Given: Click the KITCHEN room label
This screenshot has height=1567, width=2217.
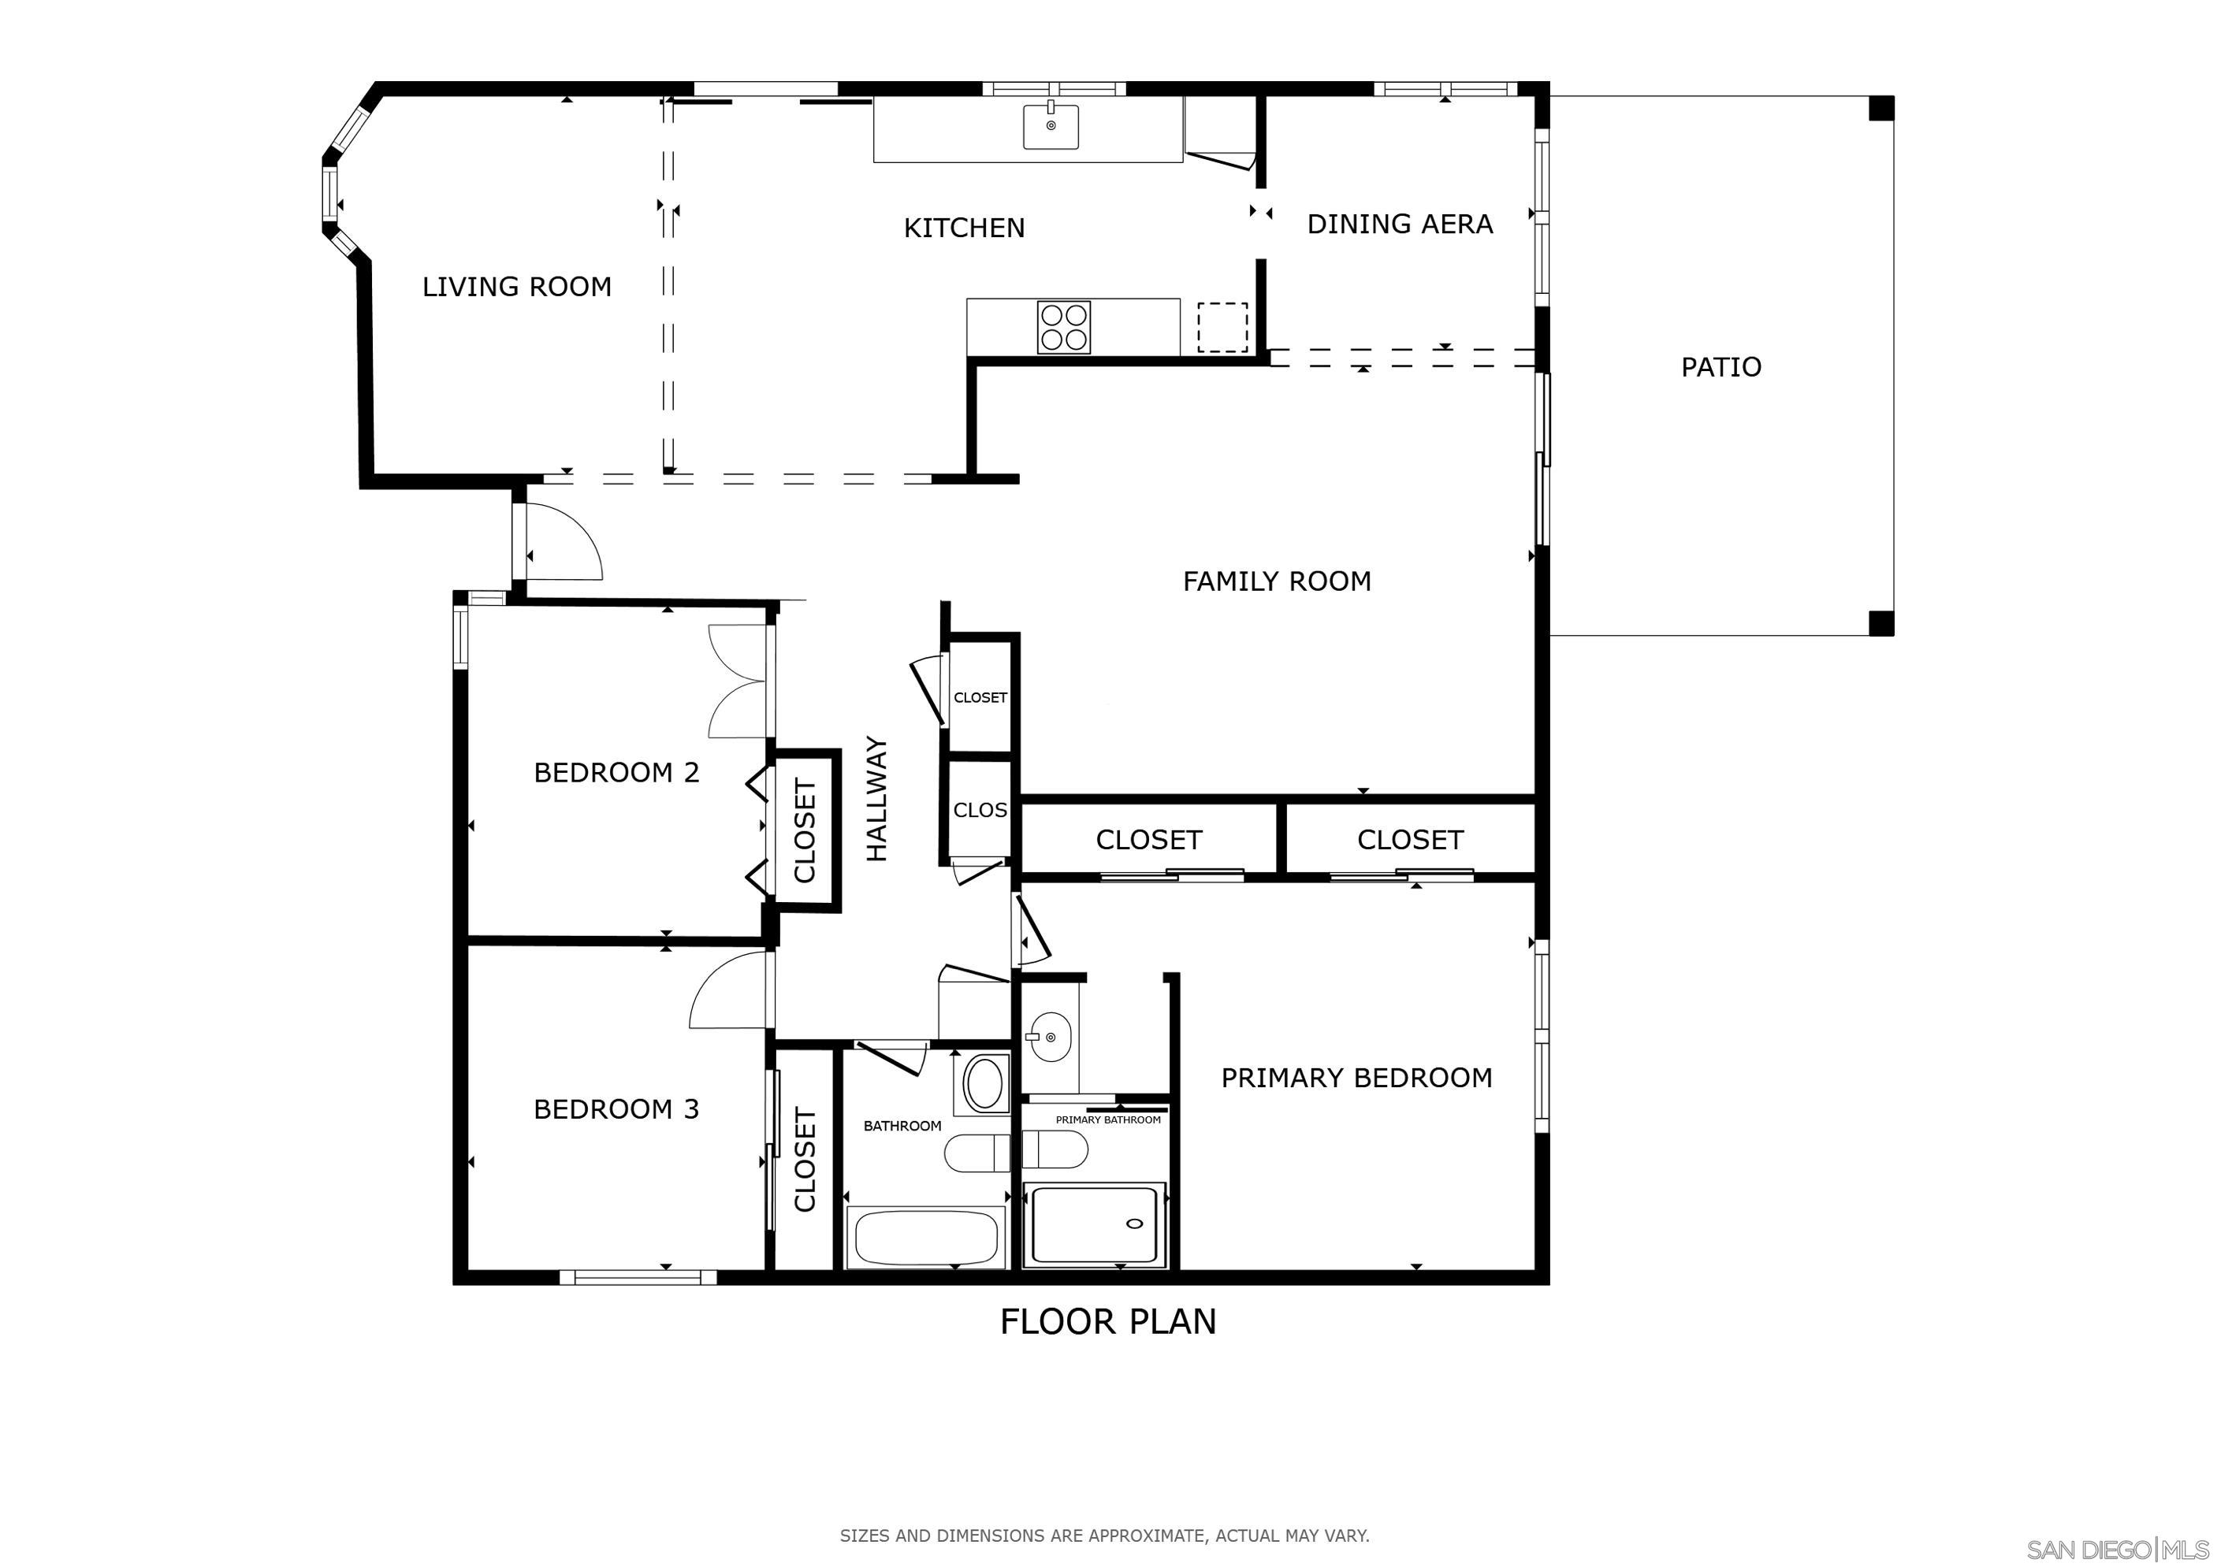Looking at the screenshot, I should pos(964,228).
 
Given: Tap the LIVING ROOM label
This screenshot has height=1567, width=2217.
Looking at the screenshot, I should pos(516,287).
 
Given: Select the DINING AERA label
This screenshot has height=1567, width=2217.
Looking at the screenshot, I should pos(1399,224).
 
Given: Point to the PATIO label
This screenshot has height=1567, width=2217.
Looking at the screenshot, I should pos(1720,367).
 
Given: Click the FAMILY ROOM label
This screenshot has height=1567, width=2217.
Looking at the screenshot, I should pos(1277,581).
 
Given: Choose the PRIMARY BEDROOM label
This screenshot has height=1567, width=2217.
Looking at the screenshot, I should pos(1356,1078).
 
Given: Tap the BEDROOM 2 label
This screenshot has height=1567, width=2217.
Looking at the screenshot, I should pos(616,772).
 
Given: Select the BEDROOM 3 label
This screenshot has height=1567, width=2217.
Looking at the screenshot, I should pos(616,1109).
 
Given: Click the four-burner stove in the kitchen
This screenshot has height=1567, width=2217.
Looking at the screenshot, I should pos(1064,327).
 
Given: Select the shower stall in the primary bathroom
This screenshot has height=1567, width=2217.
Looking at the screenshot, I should pos(1094,1224).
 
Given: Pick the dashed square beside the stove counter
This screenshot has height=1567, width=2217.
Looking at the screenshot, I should pos(1222,327).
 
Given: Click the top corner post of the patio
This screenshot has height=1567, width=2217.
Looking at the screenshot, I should pos(1881,108).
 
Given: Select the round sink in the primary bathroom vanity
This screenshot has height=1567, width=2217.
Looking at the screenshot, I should pos(1050,1037).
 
